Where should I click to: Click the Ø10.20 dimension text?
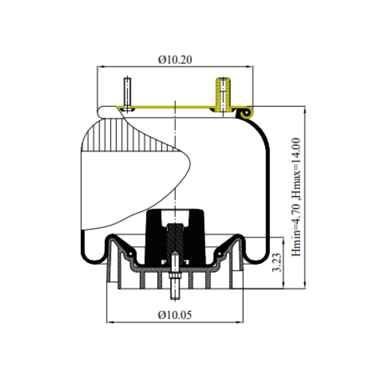coord(175,60)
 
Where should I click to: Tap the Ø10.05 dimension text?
coord(175,315)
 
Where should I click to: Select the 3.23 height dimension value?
coord(277,262)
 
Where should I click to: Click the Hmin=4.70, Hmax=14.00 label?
coord(296,197)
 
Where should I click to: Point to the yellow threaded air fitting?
coord(223,95)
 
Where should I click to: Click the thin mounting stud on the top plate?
coord(127,94)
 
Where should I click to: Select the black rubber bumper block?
coord(175,237)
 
